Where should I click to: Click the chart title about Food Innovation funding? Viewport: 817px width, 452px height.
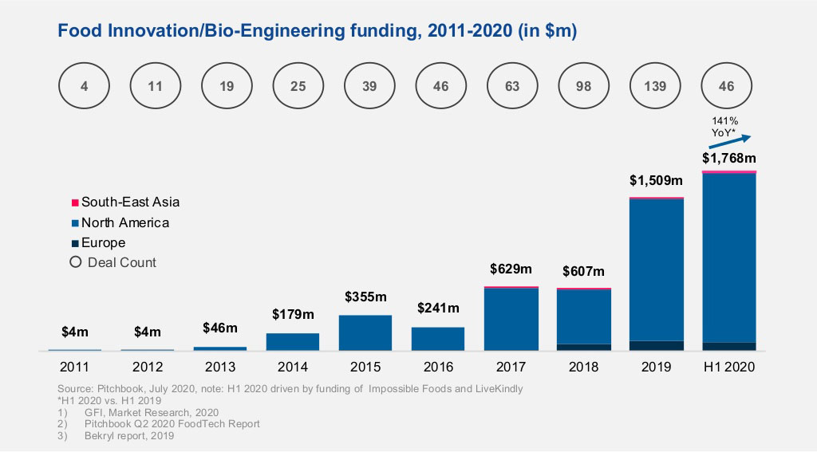click(x=318, y=31)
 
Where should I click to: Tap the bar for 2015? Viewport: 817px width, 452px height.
click(x=365, y=332)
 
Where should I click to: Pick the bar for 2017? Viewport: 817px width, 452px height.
click(x=511, y=318)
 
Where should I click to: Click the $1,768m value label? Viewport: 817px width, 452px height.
click(x=728, y=158)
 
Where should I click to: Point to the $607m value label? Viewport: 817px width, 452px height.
click(x=583, y=272)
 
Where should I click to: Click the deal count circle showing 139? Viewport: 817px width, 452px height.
click(x=656, y=86)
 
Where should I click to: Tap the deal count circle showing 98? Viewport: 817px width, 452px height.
click(x=584, y=86)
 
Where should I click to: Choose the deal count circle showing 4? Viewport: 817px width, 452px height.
click(x=84, y=86)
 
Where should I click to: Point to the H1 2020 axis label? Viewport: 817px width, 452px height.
click(x=728, y=367)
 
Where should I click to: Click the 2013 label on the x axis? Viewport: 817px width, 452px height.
click(x=219, y=367)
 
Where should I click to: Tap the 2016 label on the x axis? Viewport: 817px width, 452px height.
click(x=437, y=367)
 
